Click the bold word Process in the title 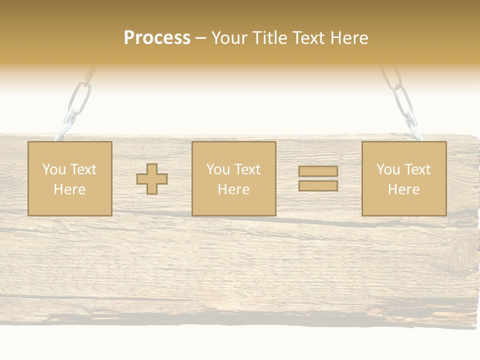pos(157,38)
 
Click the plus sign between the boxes pos(152,178)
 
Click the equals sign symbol pos(318,178)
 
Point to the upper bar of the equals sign pos(318,171)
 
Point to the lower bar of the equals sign pos(318,185)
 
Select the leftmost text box pos(69,178)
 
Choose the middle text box pos(233,178)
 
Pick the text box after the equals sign pos(403,178)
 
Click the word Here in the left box pos(69,189)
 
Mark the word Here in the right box pos(403,189)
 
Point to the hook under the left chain pos(65,129)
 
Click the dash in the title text pos(200,38)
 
